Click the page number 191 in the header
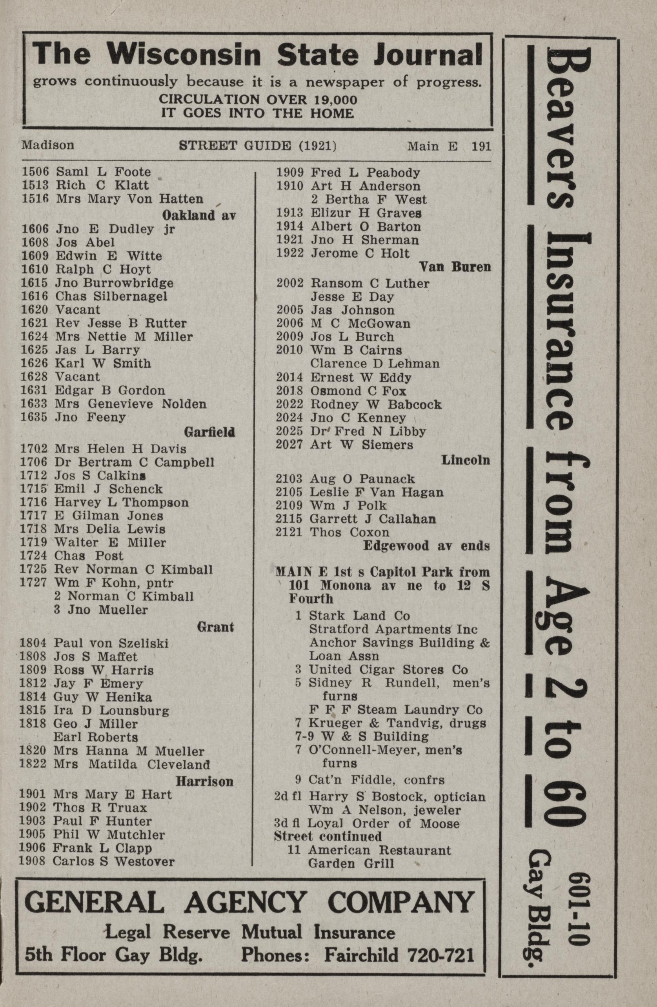coord(481,146)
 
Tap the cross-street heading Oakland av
coord(199,215)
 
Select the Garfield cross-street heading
coord(209,432)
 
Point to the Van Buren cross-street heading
coord(455,267)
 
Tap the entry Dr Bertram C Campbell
coord(134,462)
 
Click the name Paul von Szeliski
coord(111,643)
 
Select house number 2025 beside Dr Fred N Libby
coord(289,432)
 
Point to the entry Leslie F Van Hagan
coord(377,493)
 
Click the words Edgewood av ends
coord(426,546)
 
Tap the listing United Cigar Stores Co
coord(388,670)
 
